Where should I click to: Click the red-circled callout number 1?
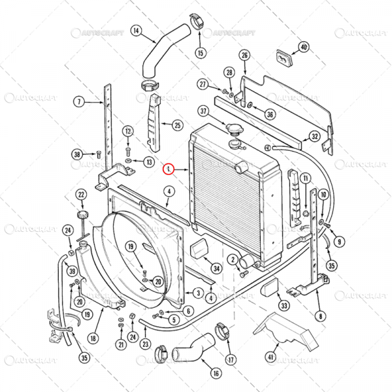[x=169, y=169]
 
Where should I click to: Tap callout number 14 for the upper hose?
[x=137, y=31]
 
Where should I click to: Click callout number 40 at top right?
[x=303, y=46]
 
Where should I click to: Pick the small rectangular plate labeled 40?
[x=282, y=57]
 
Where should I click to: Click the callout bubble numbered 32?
[x=315, y=137]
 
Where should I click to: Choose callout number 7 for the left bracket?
[x=78, y=101]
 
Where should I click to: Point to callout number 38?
[x=77, y=155]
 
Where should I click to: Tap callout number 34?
[x=216, y=268]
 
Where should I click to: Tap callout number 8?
[x=320, y=316]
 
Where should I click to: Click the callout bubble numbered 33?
[x=283, y=305]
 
